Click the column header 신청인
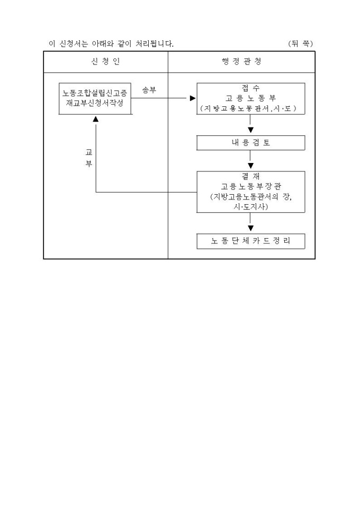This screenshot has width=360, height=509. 106,62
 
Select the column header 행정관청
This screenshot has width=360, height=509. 241,62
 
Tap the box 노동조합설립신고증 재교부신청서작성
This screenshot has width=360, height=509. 95,98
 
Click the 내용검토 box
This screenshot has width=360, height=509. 250,143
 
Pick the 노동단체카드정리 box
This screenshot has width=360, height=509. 250,241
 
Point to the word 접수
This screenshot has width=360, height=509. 250,88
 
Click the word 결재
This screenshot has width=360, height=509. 250,177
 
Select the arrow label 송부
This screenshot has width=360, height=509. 149,90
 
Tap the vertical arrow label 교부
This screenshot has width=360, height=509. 89,158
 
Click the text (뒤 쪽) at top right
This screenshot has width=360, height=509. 300,43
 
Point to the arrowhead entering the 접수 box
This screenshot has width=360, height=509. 193,98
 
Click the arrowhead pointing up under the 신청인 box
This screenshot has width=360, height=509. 96,120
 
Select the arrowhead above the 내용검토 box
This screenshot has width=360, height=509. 250,130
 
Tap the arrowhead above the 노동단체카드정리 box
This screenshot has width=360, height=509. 250,229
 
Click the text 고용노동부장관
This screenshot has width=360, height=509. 250,187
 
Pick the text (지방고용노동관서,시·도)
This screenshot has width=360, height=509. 250,108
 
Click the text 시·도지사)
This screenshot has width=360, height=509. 250,206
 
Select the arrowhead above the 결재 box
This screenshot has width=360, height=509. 250,166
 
